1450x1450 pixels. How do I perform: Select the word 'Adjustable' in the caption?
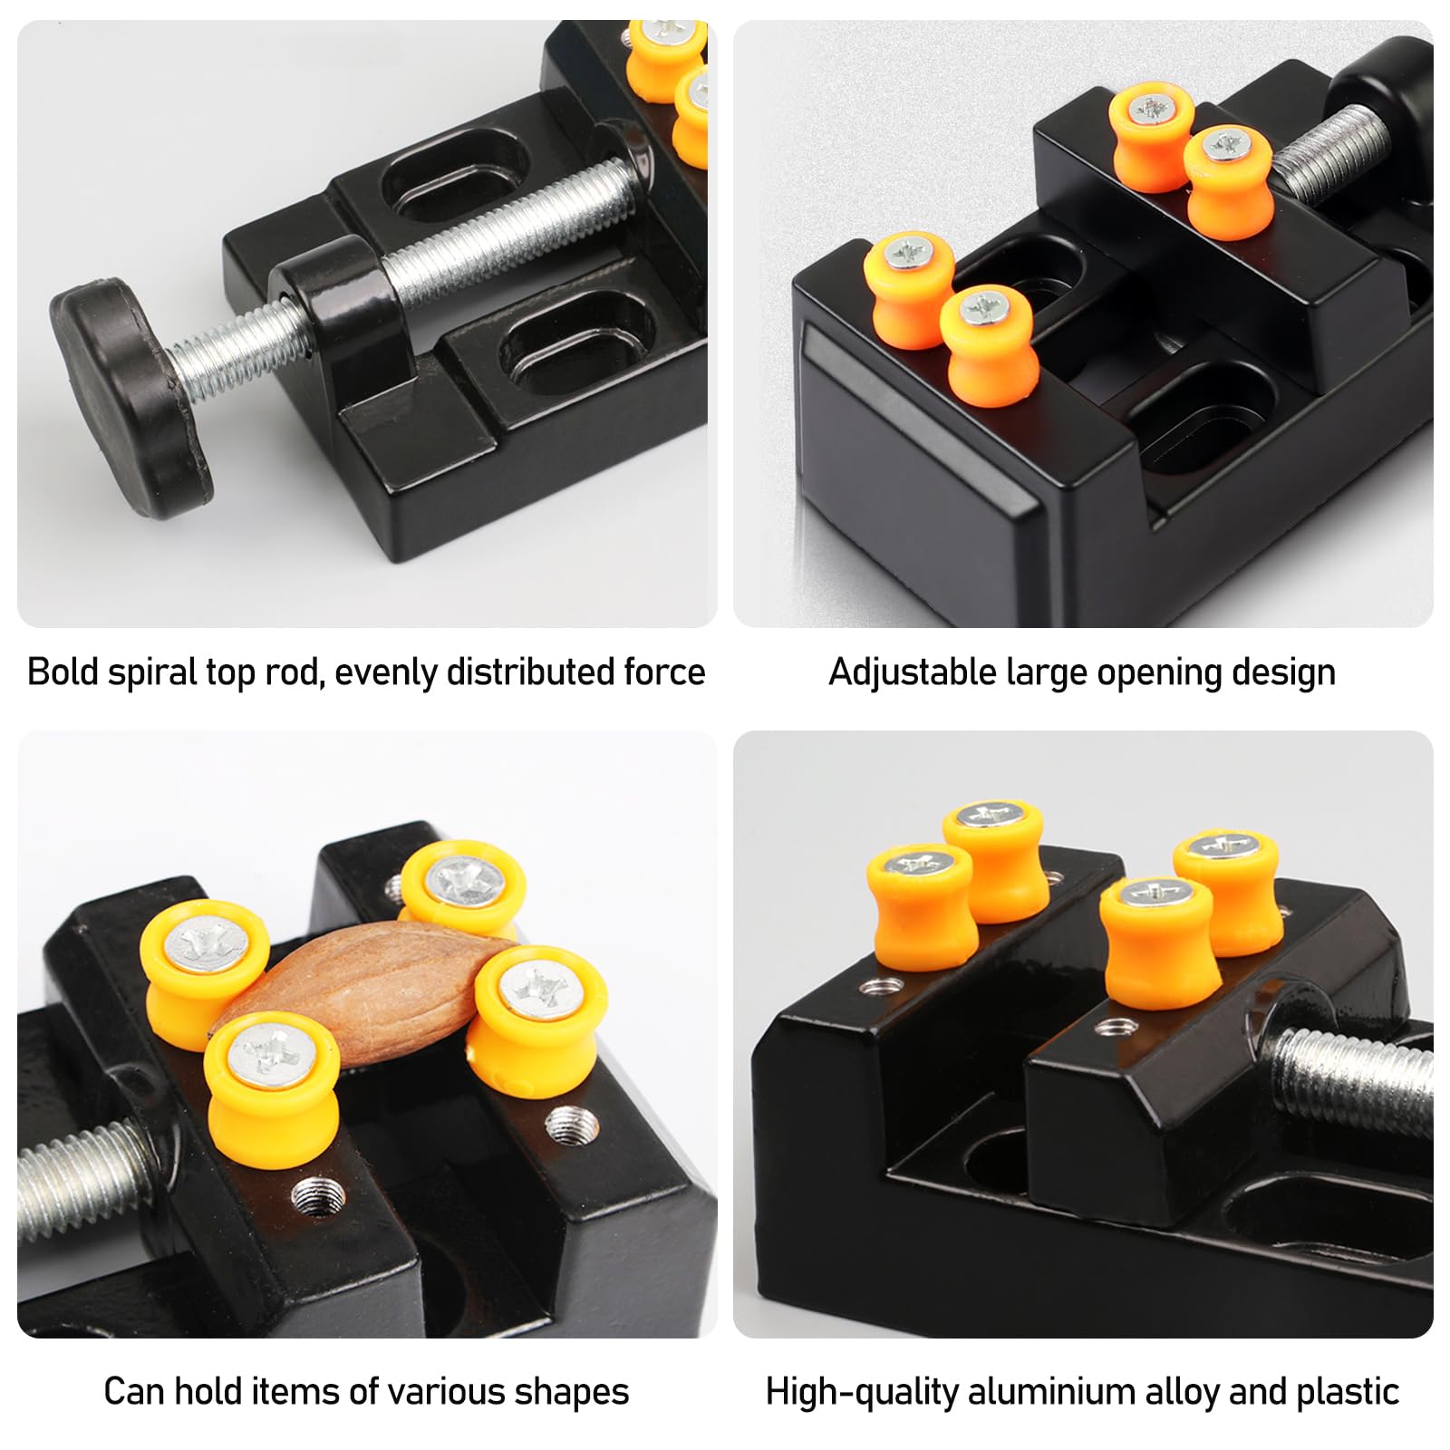click(x=913, y=673)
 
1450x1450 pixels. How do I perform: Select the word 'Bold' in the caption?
click(x=63, y=672)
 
